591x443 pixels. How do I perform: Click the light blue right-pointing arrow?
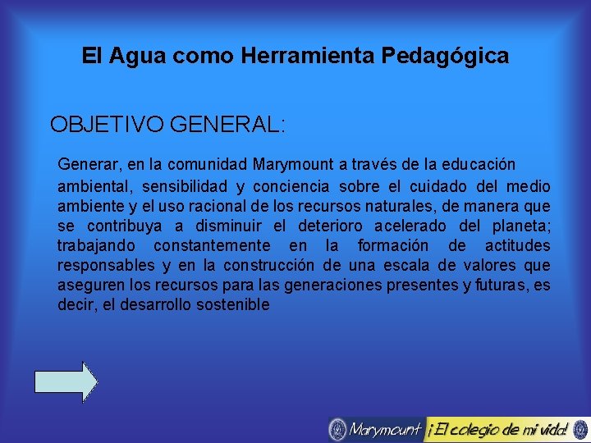[66, 381]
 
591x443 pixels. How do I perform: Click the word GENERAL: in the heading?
[227, 125]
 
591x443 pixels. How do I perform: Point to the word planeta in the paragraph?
[521, 226]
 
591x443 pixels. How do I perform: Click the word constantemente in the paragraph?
[211, 245]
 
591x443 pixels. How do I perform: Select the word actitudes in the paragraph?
[517, 245]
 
